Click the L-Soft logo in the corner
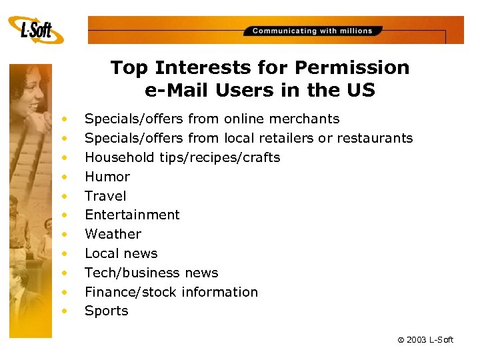tap(36, 29)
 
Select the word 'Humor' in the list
tap(107, 177)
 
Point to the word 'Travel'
tap(105, 196)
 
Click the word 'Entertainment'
tap(132, 215)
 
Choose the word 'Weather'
tap(113, 234)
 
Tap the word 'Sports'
tap(106, 311)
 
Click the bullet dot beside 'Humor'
tap(65, 177)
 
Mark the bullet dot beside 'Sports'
tap(65, 311)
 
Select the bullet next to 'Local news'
tap(65, 253)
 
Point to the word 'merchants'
tap(306, 119)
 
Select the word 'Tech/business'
tap(124, 273)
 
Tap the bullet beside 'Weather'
tap(65, 234)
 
